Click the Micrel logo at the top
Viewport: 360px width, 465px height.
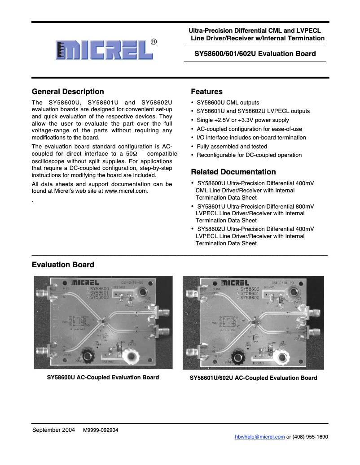104,50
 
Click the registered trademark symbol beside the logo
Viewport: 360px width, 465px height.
154,42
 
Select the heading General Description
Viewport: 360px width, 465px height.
68,91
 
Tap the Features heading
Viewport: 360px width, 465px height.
206,91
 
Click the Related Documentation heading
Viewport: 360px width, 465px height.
233,172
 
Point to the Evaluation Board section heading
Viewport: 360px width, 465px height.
63,265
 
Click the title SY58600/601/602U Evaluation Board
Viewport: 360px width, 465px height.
255,53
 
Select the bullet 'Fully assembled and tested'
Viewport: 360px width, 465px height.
232,147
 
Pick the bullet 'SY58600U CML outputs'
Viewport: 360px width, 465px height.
228,103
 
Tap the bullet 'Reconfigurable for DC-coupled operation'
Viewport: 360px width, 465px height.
249,155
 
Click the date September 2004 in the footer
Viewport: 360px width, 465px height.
53,430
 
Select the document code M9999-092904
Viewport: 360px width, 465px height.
101,430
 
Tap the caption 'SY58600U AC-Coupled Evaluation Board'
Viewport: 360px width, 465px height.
103,378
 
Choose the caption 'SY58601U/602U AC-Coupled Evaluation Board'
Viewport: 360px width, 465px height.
253,378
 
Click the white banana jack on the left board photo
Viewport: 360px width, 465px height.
132,357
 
